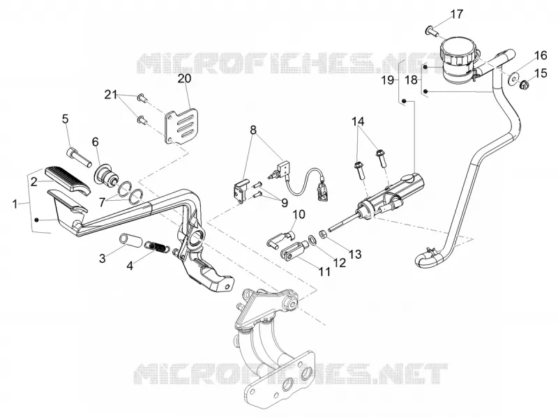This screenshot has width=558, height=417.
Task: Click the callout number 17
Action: (457, 15)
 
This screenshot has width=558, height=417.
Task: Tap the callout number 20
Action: (185, 79)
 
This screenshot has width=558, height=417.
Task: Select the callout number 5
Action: (65, 119)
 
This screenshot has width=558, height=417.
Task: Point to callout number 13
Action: (355, 254)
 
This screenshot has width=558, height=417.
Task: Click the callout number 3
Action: (103, 258)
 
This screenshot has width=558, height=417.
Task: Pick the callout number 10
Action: (299, 214)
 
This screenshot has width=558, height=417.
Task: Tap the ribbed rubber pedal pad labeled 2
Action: (68, 180)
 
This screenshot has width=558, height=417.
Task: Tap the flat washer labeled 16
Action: (512, 79)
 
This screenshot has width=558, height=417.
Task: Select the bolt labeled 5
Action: (77, 157)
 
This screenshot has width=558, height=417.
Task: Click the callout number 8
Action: (253, 130)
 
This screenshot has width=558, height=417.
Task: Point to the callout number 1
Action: (15, 204)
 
